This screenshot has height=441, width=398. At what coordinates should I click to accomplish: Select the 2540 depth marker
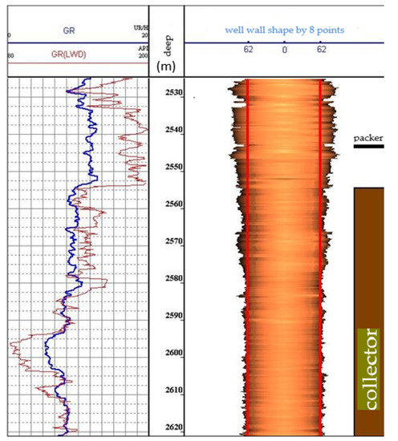pos(167,129)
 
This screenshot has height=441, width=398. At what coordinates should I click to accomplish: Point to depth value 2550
pos(167,167)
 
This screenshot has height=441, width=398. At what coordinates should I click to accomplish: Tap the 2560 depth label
pos(167,204)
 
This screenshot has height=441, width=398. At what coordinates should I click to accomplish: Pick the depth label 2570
pos(167,241)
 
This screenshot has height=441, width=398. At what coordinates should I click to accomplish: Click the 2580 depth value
pos(167,279)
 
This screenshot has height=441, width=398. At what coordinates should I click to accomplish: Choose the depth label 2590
pos(167,316)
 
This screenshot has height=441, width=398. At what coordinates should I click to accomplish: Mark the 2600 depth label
pos(167,353)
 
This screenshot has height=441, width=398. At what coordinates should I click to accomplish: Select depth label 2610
pos(167,390)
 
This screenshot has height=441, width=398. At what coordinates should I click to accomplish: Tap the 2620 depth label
pos(167,427)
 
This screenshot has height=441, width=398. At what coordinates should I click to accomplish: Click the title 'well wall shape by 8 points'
pos(286,28)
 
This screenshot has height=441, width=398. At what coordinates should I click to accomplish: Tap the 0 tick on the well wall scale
pos(284,50)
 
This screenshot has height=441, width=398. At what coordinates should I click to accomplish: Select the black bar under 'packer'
pos(368,147)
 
